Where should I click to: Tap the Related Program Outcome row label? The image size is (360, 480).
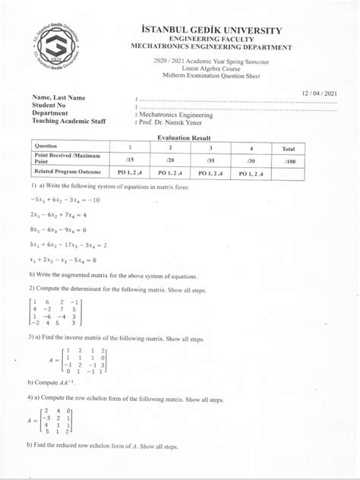65,174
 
